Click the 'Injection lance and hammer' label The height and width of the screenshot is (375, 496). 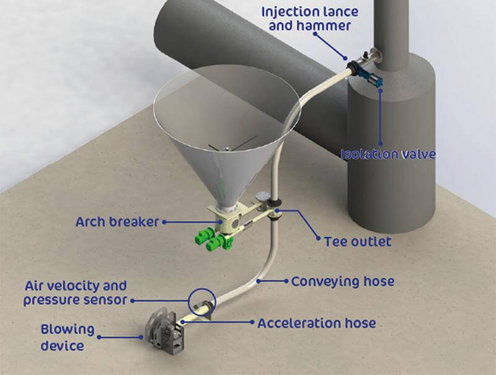coord(310,19)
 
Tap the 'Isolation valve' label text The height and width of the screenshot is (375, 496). coord(389,154)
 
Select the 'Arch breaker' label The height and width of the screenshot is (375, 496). coord(117,222)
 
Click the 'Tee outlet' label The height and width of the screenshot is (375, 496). coord(358,242)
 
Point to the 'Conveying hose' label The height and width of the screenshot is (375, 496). coord(343,281)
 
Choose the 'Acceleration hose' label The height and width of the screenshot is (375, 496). coord(317,323)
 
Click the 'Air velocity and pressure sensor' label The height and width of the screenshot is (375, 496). coord(76,293)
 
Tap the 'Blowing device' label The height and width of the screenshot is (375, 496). coord(68,337)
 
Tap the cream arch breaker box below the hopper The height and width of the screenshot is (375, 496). coord(224,218)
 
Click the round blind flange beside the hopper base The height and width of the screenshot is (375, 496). coord(262,196)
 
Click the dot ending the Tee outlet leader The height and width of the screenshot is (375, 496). coord(319,238)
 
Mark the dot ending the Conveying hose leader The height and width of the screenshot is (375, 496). coord(286,281)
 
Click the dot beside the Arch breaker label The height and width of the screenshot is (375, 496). coord(164,222)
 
